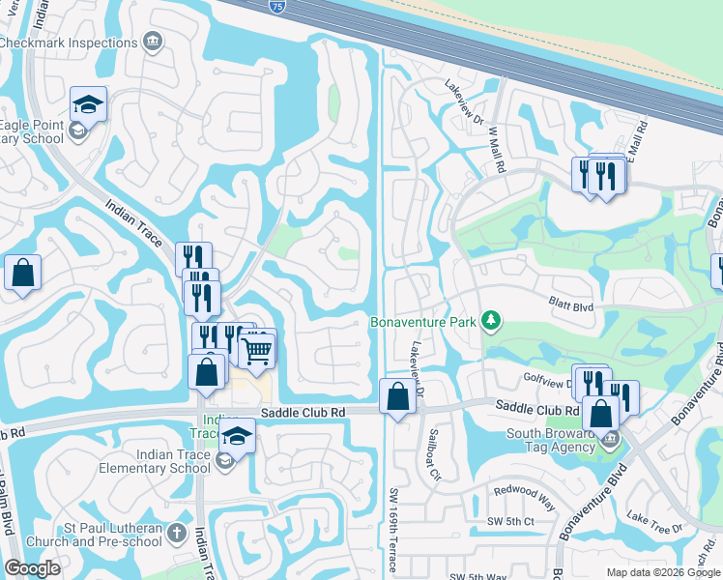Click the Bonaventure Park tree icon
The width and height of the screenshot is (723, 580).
[x=491, y=320]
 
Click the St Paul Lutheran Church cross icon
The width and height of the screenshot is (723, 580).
[x=176, y=533]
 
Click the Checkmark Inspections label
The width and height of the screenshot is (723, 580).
[x=69, y=43]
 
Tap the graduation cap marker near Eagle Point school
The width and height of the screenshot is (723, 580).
[x=88, y=103]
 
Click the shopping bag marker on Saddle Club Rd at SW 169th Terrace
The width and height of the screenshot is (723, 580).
[x=397, y=396]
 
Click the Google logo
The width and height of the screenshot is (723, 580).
[x=31, y=568]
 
